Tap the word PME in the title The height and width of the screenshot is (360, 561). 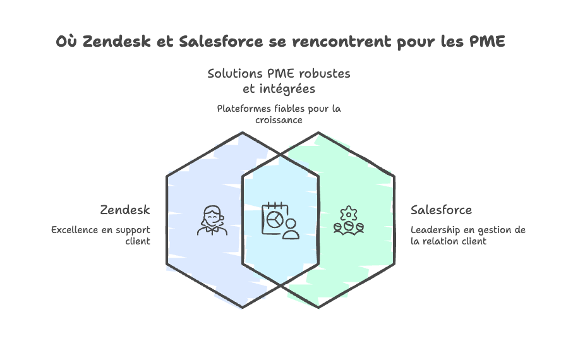pyautogui.click(x=487, y=42)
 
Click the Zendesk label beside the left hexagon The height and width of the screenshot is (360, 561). pyautogui.click(x=124, y=210)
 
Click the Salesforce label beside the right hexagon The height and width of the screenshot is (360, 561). pyautogui.click(x=441, y=210)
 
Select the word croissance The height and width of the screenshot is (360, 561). pyautogui.click(x=279, y=119)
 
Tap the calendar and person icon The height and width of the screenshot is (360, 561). pyautogui.click(x=280, y=220)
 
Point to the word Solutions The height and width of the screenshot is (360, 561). pyautogui.click(x=229, y=74)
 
